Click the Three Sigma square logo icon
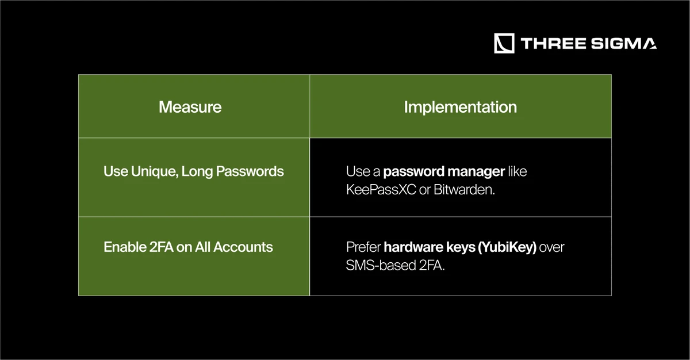pyautogui.click(x=504, y=44)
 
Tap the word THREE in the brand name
pyautogui.click(x=553, y=44)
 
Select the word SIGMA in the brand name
pyautogui.click(x=624, y=44)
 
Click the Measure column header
pyautogui.click(x=190, y=107)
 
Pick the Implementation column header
pyautogui.click(x=461, y=108)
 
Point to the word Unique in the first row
pyautogui.click(x=155, y=172)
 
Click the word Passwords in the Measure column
pyautogui.click(x=250, y=171)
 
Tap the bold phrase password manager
pyautogui.click(x=444, y=172)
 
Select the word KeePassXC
pyautogui.click(x=381, y=189)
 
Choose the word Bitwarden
pyautogui.click(x=464, y=189)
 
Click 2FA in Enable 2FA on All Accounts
pyautogui.click(x=162, y=247)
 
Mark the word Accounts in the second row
pyautogui.click(x=243, y=247)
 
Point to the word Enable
pyautogui.click(x=125, y=247)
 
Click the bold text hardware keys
pyautogui.click(x=430, y=247)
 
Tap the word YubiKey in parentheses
pyautogui.click(x=507, y=247)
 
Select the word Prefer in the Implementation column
pyautogui.click(x=363, y=247)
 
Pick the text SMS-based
pyautogui.click(x=381, y=265)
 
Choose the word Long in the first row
pyautogui.click(x=197, y=172)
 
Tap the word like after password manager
pyautogui.click(x=517, y=171)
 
